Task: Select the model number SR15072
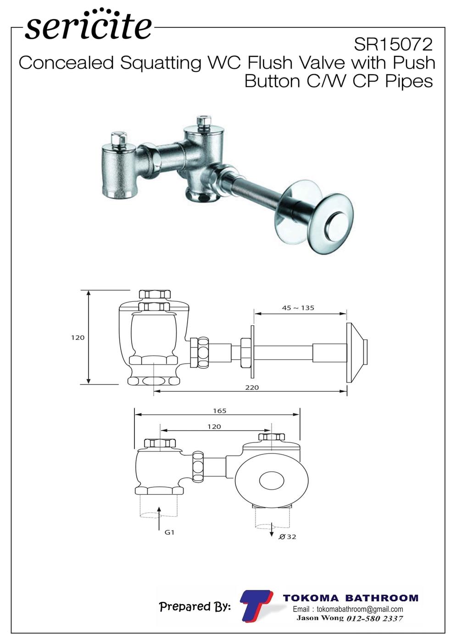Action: coord(393,45)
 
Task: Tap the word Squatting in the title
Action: coord(161,64)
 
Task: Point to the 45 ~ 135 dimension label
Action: coord(298,308)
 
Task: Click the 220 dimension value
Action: coord(252,387)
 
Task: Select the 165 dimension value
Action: coord(219,411)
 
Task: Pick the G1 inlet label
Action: coord(170,532)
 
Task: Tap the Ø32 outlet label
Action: coord(287,536)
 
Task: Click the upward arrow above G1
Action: coord(159,518)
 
